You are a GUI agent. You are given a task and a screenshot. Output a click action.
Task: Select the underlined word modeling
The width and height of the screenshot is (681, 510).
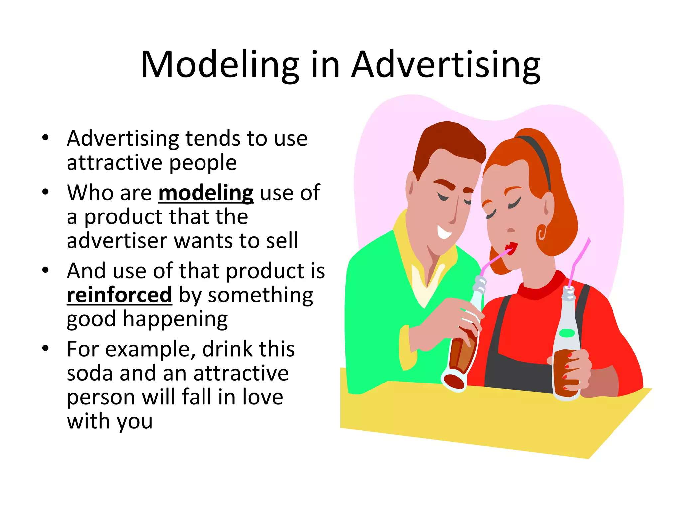tap(206, 193)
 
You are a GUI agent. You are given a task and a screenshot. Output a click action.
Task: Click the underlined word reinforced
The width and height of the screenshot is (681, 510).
tap(119, 295)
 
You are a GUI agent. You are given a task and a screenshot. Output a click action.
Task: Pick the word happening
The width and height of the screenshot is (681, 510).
tap(175, 319)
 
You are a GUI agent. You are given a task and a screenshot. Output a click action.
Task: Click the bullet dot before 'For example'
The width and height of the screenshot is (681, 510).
tap(46, 348)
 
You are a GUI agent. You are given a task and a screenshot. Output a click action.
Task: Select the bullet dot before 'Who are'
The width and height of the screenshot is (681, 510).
tap(46, 192)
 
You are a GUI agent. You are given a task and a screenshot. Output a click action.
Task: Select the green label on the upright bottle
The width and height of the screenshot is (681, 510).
tap(567, 333)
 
